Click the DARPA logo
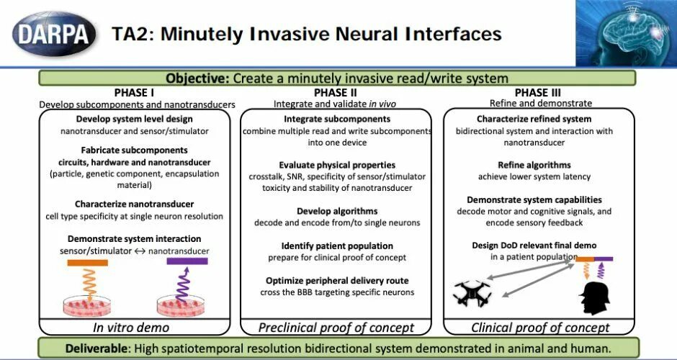[53, 33]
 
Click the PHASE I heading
[135, 93]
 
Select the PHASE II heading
[335, 93]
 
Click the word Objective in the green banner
[197, 78]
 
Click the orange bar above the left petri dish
[87, 263]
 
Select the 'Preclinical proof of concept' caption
[336, 328]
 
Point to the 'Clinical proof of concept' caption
[540, 328]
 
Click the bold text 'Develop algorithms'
[336, 211]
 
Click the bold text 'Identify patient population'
[336, 246]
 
